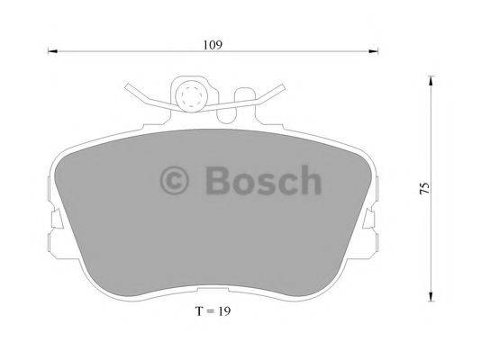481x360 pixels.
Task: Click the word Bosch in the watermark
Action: click(261, 181)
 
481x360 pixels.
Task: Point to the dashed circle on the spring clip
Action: click(191, 96)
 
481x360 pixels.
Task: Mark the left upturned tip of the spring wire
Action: click(126, 86)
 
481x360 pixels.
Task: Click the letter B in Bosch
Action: click(217, 181)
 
